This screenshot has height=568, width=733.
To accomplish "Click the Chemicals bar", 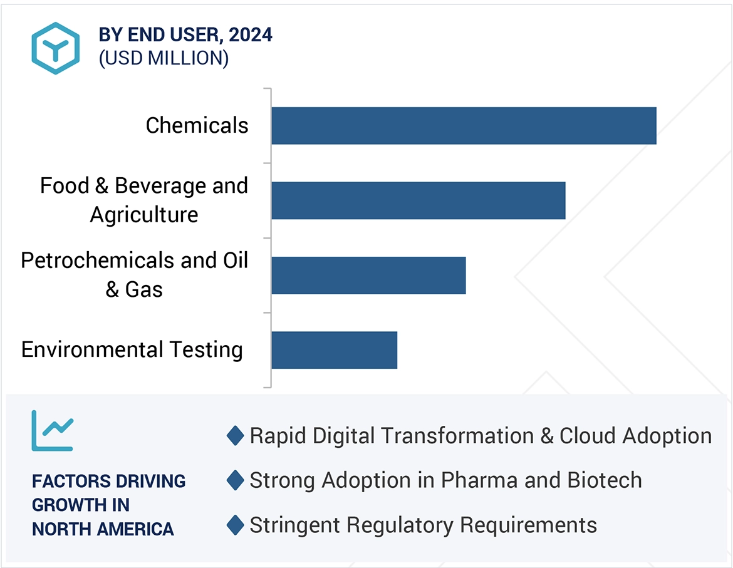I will pyautogui.click(x=464, y=126).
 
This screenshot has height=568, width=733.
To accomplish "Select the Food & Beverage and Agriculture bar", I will pyautogui.click(x=418, y=200).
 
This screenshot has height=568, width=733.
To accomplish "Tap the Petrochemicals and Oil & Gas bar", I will pyautogui.click(x=368, y=275).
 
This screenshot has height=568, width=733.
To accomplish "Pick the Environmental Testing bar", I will pyautogui.click(x=334, y=350).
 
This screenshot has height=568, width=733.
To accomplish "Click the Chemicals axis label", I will pyautogui.click(x=197, y=125).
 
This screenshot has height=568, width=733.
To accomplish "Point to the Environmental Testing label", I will pyautogui.click(x=132, y=349).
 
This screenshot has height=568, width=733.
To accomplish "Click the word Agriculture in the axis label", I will pyautogui.click(x=144, y=215).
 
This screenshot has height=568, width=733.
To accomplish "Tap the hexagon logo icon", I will pyautogui.click(x=56, y=48).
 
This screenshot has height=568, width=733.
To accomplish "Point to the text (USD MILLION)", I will pyautogui.click(x=164, y=58).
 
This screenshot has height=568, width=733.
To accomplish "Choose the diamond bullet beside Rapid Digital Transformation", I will pyautogui.click(x=235, y=436).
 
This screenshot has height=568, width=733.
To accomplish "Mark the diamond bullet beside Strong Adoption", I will pyautogui.click(x=235, y=480).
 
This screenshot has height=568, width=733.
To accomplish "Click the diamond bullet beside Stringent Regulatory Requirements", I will pyautogui.click(x=235, y=525).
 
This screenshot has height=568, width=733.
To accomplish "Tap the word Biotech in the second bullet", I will pyautogui.click(x=605, y=480).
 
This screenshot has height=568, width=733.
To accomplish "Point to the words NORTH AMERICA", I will pyautogui.click(x=103, y=529).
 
